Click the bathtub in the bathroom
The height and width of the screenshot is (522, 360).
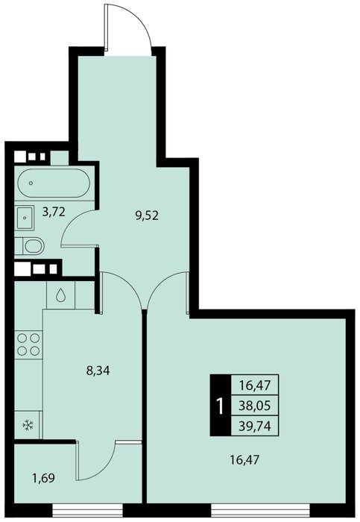tap(54, 183)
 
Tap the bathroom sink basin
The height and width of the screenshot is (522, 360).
tap(25, 218)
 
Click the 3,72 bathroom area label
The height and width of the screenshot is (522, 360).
tap(53, 212)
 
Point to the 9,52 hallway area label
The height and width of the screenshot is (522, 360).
tap(146, 216)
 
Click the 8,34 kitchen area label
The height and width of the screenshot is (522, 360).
tap(98, 370)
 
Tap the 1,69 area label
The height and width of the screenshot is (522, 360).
tap(43, 478)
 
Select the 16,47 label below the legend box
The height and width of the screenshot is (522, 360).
tap(244, 460)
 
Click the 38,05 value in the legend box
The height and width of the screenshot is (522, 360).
tap(255, 406)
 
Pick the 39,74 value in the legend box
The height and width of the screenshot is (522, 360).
tap(255, 426)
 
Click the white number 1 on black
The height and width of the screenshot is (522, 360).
tap(220, 406)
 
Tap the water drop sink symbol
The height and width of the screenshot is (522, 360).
tap(60, 295)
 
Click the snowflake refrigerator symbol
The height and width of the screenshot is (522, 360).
tap(28, 425)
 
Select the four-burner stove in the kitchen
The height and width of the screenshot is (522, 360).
tap(28, 345)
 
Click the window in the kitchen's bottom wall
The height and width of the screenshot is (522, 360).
tap(87, 509)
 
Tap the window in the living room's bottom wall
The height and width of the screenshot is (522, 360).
tap(260, 509)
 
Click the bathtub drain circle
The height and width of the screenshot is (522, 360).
tap(31, 183)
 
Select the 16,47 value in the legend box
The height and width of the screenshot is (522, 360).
tap(255, 386)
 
